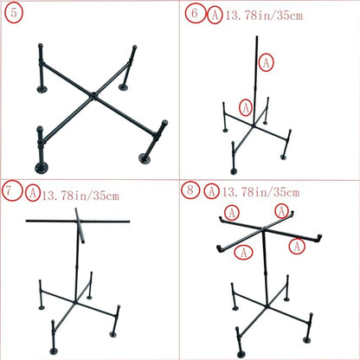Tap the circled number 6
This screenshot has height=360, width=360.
pos(194,15)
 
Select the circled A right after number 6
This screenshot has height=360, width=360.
pos(212,15)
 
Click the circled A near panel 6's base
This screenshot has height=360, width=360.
pos(246,107)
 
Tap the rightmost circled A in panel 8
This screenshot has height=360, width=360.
pos(298,247)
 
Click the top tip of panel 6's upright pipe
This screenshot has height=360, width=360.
pos(256,38)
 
